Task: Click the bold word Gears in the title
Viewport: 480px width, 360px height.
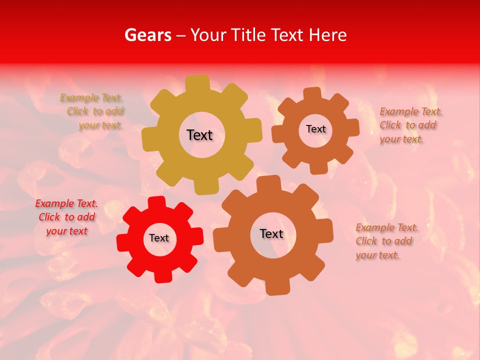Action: point(147,35)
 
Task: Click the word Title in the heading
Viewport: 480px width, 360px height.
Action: point(247,35)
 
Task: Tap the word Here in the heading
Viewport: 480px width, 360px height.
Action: point(327,35)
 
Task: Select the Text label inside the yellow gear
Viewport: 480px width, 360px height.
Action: point(199,135)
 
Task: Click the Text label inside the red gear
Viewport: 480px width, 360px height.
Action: point(159,238)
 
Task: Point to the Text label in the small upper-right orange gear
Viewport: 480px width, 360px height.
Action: point(315,129)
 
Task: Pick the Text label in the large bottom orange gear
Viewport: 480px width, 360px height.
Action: point(271,234)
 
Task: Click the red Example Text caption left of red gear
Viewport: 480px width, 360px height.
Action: point(66,217)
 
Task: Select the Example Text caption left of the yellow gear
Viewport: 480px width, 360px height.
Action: point(92,111)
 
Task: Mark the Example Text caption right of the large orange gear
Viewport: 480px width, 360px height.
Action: point(386,241)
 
